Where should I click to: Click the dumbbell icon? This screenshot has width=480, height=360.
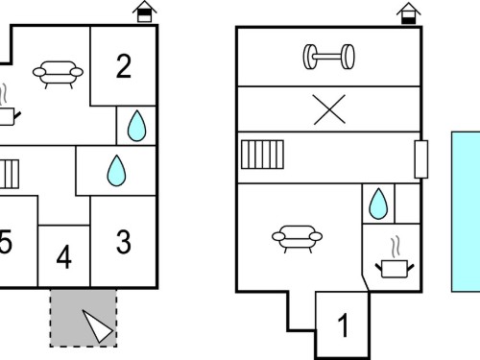pyautogui.click(x=329, y=57)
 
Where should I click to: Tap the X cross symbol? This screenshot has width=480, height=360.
pyautogui.click(x=329, y=109)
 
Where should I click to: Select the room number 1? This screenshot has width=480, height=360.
pyautogui.click(x=343, y=325)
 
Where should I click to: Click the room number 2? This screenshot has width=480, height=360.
pyautogui.click(x=124, y=66)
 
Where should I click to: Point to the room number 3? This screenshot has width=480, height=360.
pyautogui.click(x=124, y=242)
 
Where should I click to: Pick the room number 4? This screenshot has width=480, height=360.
pyautogui.click(x=64, y=257)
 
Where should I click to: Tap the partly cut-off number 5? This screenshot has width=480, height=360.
pyautogui.click(x=6, y=242)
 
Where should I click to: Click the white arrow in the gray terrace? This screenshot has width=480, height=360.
pyautogui.click(x=98, y=326)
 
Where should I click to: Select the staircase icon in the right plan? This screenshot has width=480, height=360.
pyautogui.click(x=262, y=155)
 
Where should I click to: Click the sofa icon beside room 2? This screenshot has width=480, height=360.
pyautogui.click(x=58, y=74)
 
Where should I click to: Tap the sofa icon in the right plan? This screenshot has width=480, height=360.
pyautogui.click(x=297, y=239)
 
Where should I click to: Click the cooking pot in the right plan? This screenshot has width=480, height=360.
pyautogui.click(x=395, y=257)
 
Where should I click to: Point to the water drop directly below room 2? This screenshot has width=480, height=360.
pyautogui.click(x=136, y=126)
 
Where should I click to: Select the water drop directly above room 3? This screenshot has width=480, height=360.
pyautogui.click(x=116, y=171)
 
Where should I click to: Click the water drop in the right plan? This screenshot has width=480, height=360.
pyautogui.click(x=378, y=204)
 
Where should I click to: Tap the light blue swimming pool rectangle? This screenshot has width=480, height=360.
pyautogui.click(x=466, y=211)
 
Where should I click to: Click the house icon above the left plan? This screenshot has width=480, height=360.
pyautogui.click(x=144, y=12)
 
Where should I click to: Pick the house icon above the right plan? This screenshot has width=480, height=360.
pyautogui.click(x=409, y=12)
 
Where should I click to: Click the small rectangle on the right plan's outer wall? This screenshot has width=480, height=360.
pyautogui.click(x=421, y=159)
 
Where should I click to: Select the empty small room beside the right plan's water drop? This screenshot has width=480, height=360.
pyautogui.click(x=407, y=204)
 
